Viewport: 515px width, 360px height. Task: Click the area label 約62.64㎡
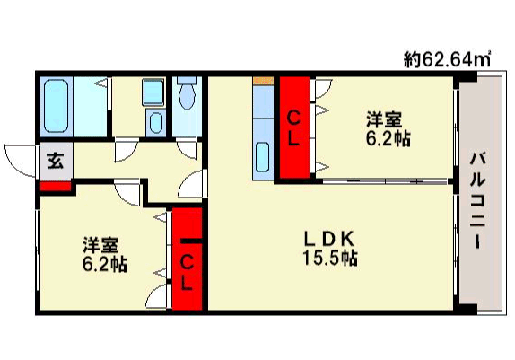tap(448, 59)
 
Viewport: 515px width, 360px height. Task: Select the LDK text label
tap(329, 240)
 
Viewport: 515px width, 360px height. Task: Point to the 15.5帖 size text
tap(330, 258)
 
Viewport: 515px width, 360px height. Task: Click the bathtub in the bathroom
tap(57, 106)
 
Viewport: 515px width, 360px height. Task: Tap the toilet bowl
tap(187, 93)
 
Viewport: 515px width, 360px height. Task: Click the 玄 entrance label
tap(56, 161)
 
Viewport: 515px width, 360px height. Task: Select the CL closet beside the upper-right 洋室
tap(293, 127)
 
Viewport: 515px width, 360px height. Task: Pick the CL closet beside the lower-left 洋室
tap(187, 259)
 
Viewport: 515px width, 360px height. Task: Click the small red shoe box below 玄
tap(56, 186)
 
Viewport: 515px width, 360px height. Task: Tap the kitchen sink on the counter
tap(262, 157)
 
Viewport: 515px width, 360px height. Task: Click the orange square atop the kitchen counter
tap(263, 81)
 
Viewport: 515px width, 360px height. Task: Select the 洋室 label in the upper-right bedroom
tap(384, 120)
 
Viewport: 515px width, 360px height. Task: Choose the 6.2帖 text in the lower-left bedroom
tap(104, 264)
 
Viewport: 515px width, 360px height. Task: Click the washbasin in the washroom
tap(156, 122)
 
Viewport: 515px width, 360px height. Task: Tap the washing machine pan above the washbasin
tap(153, 92)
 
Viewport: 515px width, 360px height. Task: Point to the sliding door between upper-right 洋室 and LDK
tap(385, 181)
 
